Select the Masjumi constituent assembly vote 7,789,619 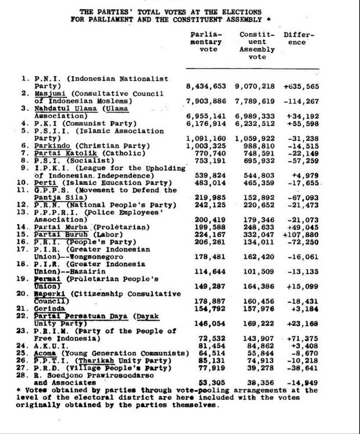pos(257,101)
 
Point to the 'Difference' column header pos(298,38)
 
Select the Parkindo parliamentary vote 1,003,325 pos(207,145)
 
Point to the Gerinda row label pos(51,308)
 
